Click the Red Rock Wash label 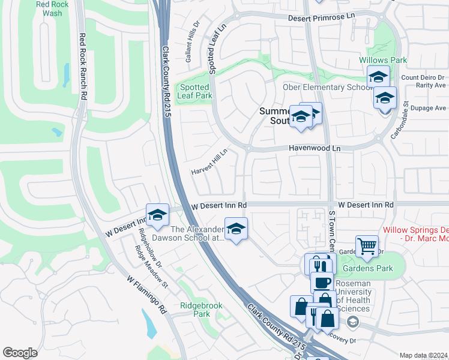pos(49,8)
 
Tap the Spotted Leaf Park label pos(194,91)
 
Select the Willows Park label pos(383,60)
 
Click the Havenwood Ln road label pos(314,148)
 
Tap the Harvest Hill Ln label pos(209,162)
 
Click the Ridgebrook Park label pos(201,310)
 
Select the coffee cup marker pos(322,281)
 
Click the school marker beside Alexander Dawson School pos(236,229)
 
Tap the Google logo pos(20,353)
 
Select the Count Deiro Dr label pos(423,77)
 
